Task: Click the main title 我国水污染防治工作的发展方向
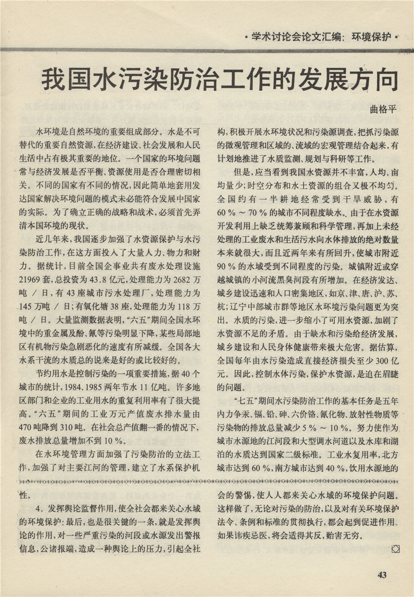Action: coord(219,80)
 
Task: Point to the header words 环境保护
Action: coord(371,37)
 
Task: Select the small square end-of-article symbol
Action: coord(395,549)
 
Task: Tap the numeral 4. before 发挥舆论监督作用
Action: coord(40,509)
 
